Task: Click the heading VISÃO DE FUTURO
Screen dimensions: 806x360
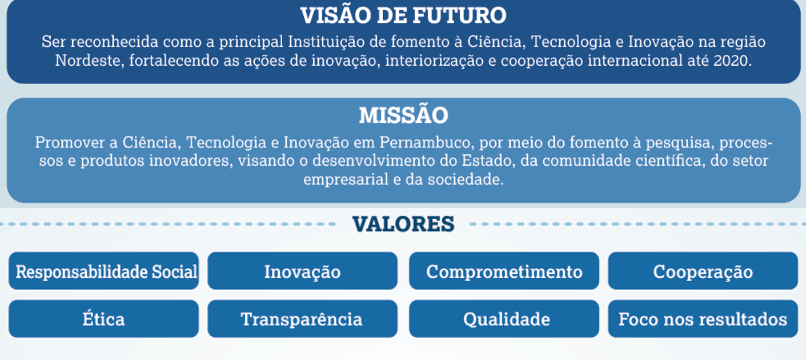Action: pyautogui.click(x=403, y=15)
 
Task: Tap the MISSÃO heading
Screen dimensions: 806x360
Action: pyautogui.click(x=403, y=115)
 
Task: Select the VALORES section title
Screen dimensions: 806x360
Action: pyautogui.click(x=403, y=224)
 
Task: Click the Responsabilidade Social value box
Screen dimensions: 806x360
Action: pyautogui.click(x=103, y=271)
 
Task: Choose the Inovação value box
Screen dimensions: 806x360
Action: pyautogui.click(x=303, y=271)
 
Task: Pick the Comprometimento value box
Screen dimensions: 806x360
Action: pyautogui.click(x=504, y=271)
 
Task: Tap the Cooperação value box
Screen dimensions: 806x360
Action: pyautogui.click(x=703, y=271)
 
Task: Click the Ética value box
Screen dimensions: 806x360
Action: pyautogui.click(x=103, y=319)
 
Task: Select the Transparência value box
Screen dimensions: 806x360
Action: pyautogui.click(x=303, y=319)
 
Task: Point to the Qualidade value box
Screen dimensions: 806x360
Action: pyautogui.click(x=504, y=319)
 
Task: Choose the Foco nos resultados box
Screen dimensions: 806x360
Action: pyautogui.click(x=703, y=319)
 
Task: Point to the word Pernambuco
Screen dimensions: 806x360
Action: pyautogui.click(x=425, y=142)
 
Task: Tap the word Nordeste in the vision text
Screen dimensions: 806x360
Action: pyautogui.click(x=87, y=61)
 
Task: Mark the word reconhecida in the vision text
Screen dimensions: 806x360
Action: pyautogui.click(x=114, y=42)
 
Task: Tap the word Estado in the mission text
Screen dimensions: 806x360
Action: pyautogui.click(x=486, y=161)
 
